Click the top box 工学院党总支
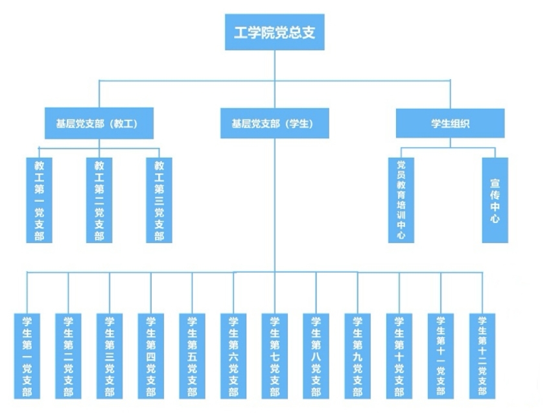(275, 32)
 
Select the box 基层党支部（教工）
(99, 123)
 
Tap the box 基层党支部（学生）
(275, 123)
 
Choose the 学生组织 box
(451, 123)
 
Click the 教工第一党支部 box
(39, 200)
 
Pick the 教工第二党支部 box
(99, 200)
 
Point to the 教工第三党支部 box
(159, 200)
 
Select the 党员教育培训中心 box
(401, 200)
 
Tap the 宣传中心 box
(495, 200)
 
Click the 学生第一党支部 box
(27, 356)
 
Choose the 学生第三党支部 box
(110, 356)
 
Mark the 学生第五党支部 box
(193, 356)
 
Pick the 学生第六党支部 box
(233, 356)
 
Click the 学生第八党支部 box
(316, 356)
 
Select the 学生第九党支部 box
(358, 356)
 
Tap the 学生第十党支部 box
(399, 356)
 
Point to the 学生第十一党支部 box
(441, 356)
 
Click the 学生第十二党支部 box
(482, 356)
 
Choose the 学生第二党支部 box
(68, 356)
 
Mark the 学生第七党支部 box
(275, 356)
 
